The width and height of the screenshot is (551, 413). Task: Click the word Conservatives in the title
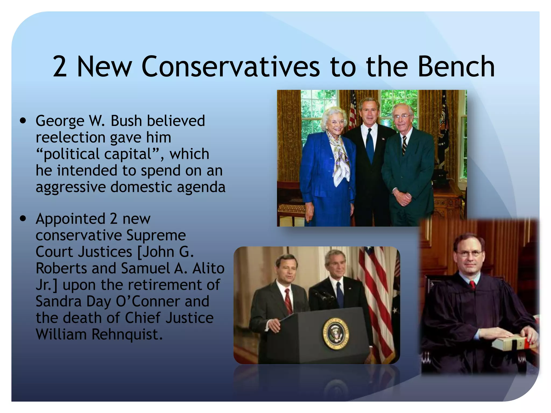click(231, 66)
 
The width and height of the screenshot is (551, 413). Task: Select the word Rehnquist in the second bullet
click(127, 334)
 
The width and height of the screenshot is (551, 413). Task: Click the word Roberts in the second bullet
click(61, 268)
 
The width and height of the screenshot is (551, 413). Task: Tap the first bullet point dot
click(23, 121)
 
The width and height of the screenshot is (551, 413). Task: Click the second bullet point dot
click(23, 219)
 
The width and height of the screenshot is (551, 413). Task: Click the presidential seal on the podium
click(335, 333)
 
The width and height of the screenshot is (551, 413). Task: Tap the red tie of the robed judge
click(472, 284)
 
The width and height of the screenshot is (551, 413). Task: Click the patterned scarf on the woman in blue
click(340, 156)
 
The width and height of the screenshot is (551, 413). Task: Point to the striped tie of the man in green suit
click(404, 145)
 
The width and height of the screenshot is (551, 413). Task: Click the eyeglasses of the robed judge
click(469, 253)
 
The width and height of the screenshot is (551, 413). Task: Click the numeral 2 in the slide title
click(60, 66)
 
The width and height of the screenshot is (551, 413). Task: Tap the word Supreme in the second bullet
click(156, 235)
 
